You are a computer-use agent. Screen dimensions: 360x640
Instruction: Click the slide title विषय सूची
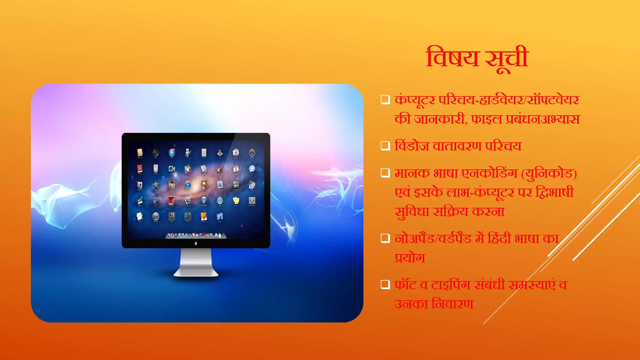477,58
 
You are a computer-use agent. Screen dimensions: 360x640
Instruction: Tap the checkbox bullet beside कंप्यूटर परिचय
385,100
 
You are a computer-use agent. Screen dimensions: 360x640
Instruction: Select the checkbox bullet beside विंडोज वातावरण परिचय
385,146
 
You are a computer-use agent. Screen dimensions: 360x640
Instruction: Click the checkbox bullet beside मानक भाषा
385,173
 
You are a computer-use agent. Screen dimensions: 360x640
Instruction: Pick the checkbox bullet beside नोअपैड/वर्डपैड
385,238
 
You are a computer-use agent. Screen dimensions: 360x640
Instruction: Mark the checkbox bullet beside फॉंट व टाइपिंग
385,284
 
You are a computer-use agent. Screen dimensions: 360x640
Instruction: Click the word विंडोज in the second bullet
412,146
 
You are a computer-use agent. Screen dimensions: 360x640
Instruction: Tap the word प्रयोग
410,258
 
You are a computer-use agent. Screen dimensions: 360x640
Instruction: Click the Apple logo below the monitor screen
196,243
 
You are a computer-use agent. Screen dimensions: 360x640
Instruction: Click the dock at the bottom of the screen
196,235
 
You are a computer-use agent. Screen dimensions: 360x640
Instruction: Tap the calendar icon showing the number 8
236,169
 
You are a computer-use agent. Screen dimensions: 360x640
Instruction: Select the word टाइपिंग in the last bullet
451,285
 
